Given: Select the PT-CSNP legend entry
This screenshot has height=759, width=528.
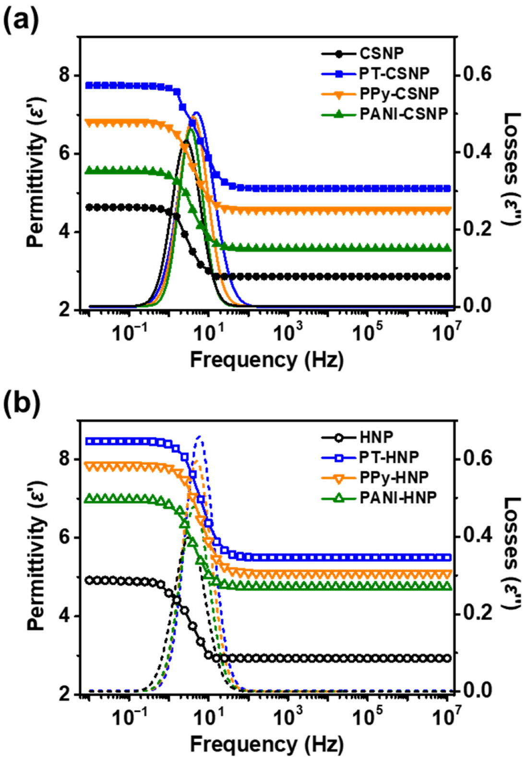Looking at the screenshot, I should point(394,73).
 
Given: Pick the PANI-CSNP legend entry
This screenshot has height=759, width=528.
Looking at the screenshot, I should point(403,114).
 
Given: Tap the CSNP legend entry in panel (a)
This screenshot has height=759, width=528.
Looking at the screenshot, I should point(381,53).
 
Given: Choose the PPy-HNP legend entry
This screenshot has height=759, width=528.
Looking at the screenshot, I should point(394,477).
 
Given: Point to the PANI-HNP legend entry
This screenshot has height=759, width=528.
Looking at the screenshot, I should point(398,497).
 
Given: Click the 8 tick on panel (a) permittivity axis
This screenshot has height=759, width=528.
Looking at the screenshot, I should point(64,75).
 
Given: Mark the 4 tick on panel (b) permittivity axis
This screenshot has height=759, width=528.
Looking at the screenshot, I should point(64,616).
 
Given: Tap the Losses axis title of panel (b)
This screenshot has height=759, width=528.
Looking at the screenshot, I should point(512,553).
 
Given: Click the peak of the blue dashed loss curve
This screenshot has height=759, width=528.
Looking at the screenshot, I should point(200,436).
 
